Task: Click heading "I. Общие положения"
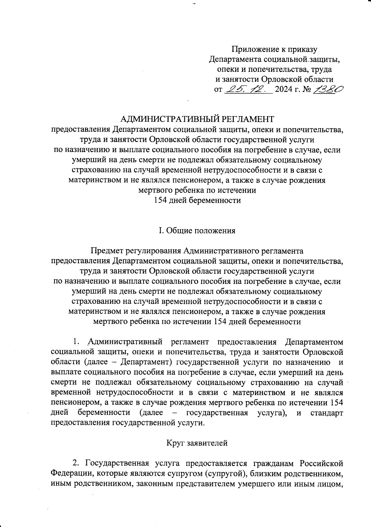pos(197,231)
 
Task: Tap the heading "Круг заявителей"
pos(197,443)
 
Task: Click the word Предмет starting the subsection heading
pos(104,250)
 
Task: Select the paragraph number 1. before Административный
pos(77,342)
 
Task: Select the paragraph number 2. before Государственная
pos(76,464)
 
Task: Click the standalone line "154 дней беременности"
pos(197,200)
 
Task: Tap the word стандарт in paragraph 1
pos(327,413)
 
